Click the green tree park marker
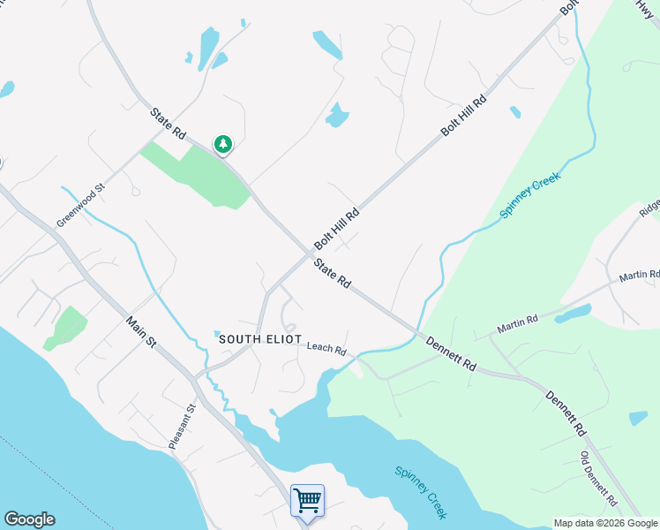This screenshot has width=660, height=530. pyautogui.click(x=223, y=144)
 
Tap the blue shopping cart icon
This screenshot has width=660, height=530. pyautogui.click(x=307, y=501)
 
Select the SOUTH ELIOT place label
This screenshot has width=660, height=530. pyautogui.click(x=260, y=339)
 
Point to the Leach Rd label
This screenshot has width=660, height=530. pyautogui.click(x=326, y=348)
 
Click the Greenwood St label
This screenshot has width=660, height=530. pyautogui.click(x=81, y=205)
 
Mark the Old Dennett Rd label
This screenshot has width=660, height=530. pyautogui.click(x=596, y=479)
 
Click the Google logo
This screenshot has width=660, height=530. pyautogui.click(x=29, y=519)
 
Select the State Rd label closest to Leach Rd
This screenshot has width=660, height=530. pyautogui.click(x=332, y=272)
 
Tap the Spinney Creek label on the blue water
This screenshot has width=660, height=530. pyautogui.click(x=420, y=492)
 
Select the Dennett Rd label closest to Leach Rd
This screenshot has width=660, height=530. pyautogui.click(x=451, y=352)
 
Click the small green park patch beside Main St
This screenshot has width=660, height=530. pyautogui.click(x=65, y=328)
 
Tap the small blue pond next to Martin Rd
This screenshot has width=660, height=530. pyautogui.click(x=574, y=314)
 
